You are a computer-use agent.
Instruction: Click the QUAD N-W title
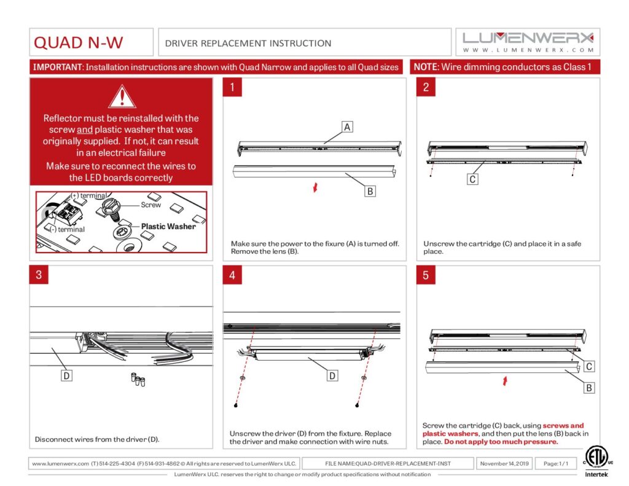coord(78,42)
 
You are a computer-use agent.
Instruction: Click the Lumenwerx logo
coord(528,41)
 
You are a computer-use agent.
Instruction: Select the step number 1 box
coord(232,87)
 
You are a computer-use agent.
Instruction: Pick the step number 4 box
coord(232,275)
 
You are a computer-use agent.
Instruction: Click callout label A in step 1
coord(347,127)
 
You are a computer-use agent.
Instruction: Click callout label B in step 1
coord(370,191)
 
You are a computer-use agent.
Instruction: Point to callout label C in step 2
coord(472,179)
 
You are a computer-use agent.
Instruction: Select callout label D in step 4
coord(332,375)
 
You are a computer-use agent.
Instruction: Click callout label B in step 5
coord(588,388)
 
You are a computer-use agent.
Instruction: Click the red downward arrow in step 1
coord(315,187)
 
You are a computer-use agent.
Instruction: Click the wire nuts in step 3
coord(138,378)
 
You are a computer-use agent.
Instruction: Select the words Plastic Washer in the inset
coord(168,226)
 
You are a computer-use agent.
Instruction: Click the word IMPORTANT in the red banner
coord(57,67)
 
